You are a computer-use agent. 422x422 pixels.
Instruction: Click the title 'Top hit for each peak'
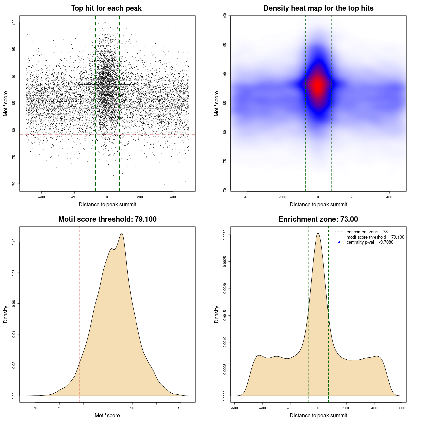tap(106, 8)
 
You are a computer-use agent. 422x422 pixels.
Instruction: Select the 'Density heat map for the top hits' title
tap(318, 8)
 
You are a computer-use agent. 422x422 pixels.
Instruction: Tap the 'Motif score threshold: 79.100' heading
tap(107, 219)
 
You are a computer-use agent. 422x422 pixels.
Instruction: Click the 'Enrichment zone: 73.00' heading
tap(318, 219)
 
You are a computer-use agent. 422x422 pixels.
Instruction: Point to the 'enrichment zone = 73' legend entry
tap(367, 232)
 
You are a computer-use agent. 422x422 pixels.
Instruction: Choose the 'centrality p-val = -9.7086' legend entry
tap(370, 242)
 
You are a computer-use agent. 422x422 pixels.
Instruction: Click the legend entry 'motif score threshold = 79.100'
tap(375, 237)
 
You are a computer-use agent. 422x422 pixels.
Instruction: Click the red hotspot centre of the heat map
tap(318, 86)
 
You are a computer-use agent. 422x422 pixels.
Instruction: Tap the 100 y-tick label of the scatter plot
tap(14, 22)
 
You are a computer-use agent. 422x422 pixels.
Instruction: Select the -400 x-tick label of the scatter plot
tap(41, 197)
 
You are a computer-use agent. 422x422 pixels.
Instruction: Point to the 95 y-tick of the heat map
tap(225, 45)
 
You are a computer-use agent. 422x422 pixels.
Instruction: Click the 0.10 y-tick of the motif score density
tap(14, 242)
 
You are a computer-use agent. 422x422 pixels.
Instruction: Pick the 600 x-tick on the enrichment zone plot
tap(402, 408)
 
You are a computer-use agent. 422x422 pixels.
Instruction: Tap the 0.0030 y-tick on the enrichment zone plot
tap(225, 235)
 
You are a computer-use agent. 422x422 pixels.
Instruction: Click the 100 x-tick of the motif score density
tap(180, 408)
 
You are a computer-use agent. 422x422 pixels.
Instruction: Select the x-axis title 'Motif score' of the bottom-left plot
tap(107, 415)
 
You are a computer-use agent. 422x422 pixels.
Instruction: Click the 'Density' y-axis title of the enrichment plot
tap(217, 314)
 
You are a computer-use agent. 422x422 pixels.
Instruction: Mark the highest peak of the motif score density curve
tap(122, 233)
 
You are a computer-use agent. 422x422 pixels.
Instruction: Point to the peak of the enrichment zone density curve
tap(318, 233)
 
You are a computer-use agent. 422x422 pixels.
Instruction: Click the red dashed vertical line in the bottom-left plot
tap(79, 313)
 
